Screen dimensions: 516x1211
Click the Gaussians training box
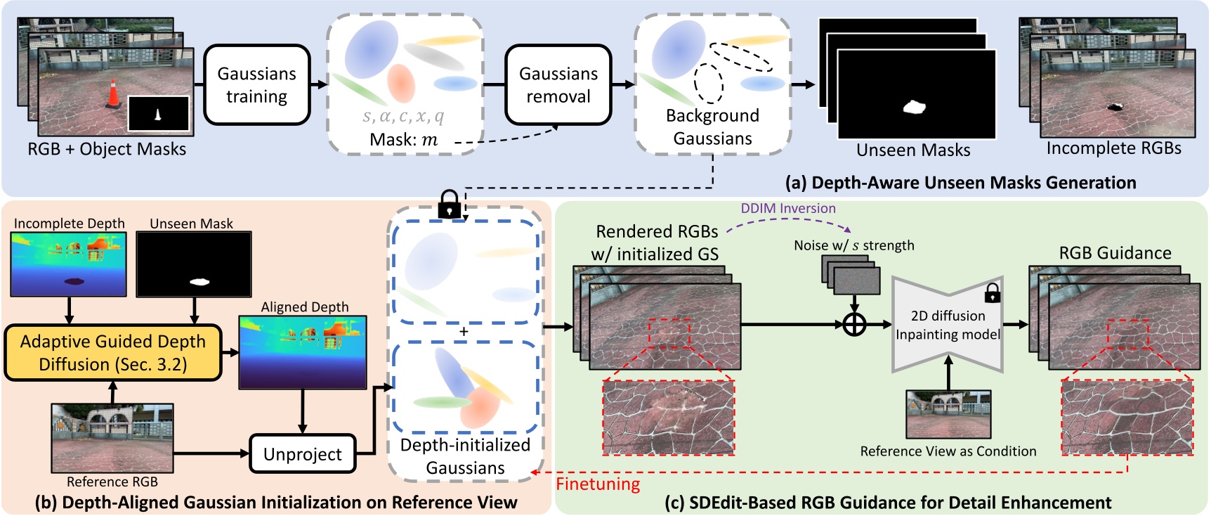pos(256,85)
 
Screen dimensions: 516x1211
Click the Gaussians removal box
pos(558,85)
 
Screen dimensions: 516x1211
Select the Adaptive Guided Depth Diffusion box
pos(113,352)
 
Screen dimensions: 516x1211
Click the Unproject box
pos(303,454)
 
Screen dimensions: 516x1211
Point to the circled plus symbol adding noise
pos(854,325)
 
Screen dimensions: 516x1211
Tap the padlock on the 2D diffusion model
pos(992,292)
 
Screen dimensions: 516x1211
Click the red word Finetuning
pos(598,484)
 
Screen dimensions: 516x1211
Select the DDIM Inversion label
pos(787,208)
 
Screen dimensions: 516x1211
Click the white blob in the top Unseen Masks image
pos(914,107)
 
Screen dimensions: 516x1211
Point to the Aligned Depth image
pos(303,351)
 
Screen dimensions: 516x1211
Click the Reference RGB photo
pos(112,437)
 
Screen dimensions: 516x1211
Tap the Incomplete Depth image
pos(69,264)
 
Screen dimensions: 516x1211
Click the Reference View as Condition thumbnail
pos(948,415)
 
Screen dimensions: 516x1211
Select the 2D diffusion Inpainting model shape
pos(947,324)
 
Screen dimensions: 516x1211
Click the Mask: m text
pos(404,140)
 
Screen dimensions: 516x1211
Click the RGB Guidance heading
pos(1115,253)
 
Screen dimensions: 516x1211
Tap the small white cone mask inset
pos(158,114)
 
